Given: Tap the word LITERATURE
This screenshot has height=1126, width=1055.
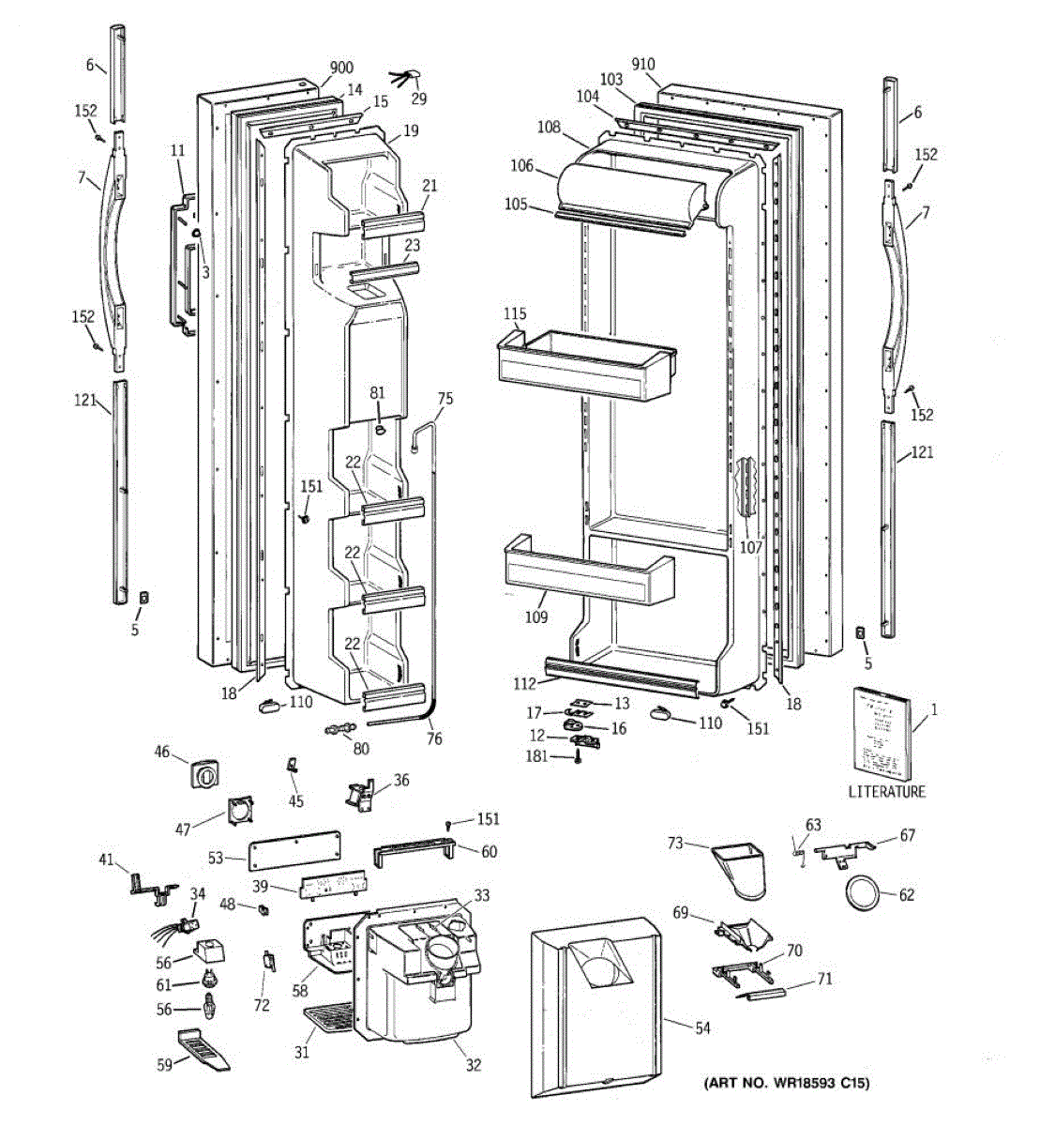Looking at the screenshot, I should tap(886, 791).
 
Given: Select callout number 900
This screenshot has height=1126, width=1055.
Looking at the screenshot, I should tap(341, 68).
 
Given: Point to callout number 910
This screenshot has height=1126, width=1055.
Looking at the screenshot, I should tap(642, 65).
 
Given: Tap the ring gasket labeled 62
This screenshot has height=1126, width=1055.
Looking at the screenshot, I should tap(860, 892).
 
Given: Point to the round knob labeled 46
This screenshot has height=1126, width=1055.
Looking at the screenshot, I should tap(207, 775).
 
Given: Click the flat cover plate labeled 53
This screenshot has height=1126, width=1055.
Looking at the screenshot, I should tap(294, 849).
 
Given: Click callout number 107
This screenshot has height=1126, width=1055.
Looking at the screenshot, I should tap(750, 548).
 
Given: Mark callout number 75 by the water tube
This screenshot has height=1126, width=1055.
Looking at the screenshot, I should tap(445, 399).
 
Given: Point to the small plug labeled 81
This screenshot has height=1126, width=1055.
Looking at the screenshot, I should tap(380, 429).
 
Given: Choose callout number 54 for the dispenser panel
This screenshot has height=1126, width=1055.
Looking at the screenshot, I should tap(702, 1028).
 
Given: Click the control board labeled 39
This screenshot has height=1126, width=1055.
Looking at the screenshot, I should tap(334, 885).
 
